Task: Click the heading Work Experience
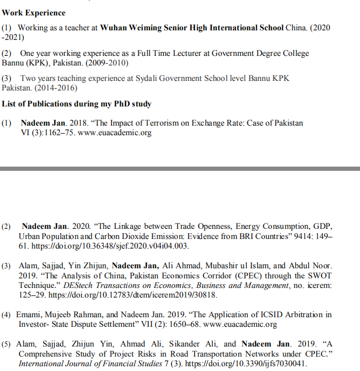pos(34,13)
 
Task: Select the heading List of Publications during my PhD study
pos(77,103)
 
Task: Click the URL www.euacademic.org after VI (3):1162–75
pos(114,133)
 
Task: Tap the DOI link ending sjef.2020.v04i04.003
pos(109,246)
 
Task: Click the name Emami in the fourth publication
pos(29,314)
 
